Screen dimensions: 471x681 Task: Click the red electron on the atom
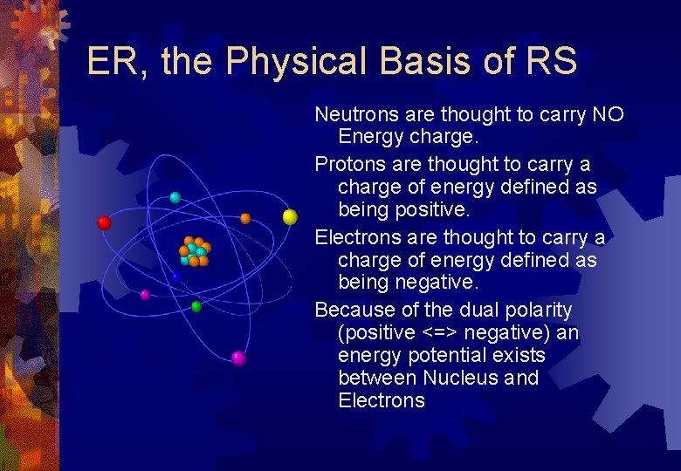(x=104, y=222)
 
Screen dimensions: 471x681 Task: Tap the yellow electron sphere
(x=290, y=217)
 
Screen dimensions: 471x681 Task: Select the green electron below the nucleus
(x=196, y=306)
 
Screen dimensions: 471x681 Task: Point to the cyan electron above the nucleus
(x=175, y=198)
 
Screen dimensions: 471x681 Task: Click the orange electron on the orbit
(x=245, y=218)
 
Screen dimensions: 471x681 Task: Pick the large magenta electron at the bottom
(x=238, y=358)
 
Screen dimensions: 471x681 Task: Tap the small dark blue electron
(x=175, y=277)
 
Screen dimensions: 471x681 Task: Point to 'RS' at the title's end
(x=550, y=63)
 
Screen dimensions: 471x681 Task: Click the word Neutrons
(x=351, y=114)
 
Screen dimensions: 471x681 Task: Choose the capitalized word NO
(x=608, y=114)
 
